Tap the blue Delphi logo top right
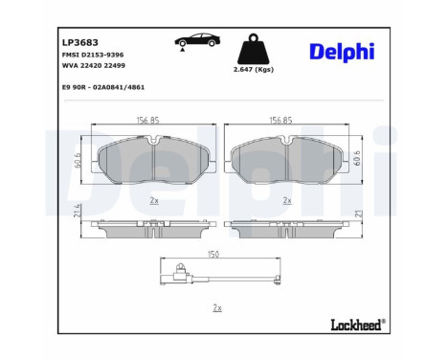(341, 51)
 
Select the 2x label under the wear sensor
(216, 307)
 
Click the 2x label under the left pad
(153, 200)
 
